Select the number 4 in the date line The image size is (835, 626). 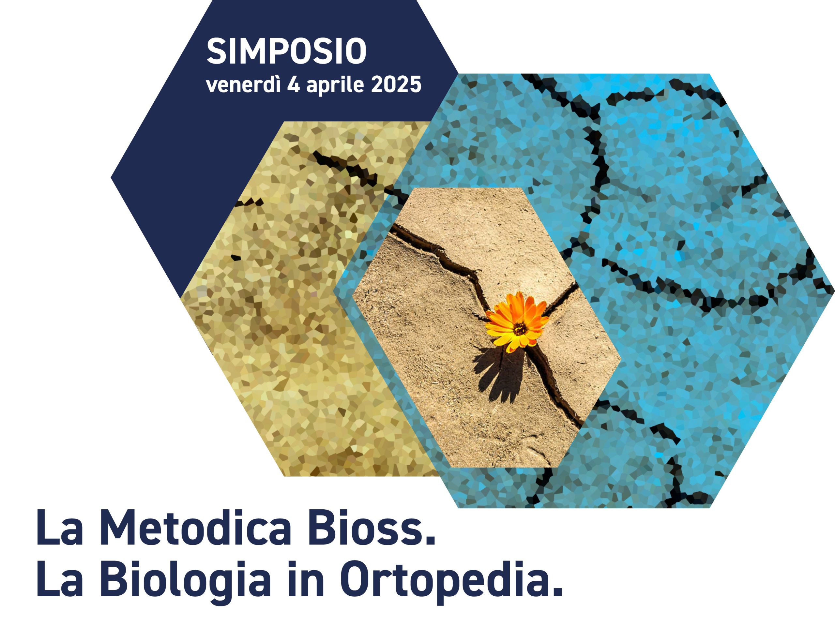(293, 84)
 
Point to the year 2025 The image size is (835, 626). (396, 84)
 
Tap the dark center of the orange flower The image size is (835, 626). (520, 329)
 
